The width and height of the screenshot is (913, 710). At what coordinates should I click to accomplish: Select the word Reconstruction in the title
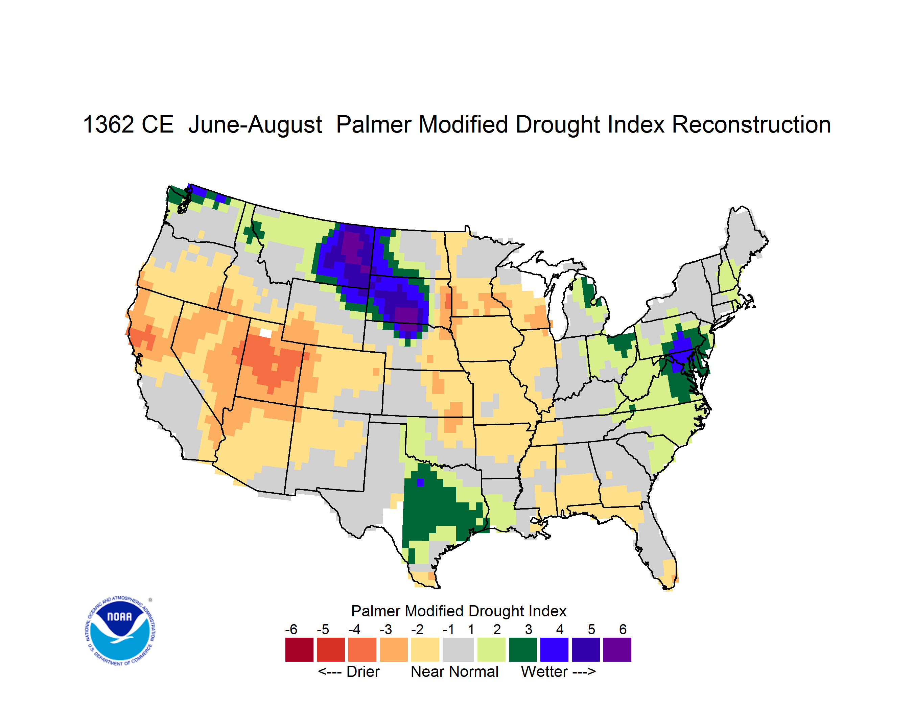pyautogui.click(x=751, y=124)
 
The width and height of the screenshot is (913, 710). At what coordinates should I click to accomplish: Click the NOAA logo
pyautogui.click(x=120, y=631)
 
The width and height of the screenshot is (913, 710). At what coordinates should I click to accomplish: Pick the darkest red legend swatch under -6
pyautogui.click(x=299, y=649)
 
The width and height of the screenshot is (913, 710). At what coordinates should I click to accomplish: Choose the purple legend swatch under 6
pyautogui.click(x=617, y=649)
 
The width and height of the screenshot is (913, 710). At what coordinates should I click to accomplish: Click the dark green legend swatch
pyautogui.click(x=522, y=649)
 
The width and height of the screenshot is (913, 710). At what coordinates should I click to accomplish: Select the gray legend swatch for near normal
pyautogui.click(x=458, y=649)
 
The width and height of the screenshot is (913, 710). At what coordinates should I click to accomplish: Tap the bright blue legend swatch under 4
pyautogui.click(x=554, y=649)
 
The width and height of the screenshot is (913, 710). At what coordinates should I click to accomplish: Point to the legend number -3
pyautogui.click(x=385, y=629)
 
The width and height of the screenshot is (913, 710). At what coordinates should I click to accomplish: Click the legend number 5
pyautogui.click(x=591, y=629)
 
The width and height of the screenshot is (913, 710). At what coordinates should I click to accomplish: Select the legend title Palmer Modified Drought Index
pyautogui.click(x=459, y=611)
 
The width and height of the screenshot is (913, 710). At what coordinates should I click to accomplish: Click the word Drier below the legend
pyautogui.click(x=363, y=671)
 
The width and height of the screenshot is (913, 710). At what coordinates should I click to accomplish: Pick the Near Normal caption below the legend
pyautogui.click(x=454, y=671)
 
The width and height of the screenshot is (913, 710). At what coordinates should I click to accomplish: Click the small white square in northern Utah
pyautogui.click(x=265, y=333)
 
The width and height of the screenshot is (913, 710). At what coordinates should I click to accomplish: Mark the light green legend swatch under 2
pyautogui.click(x=491, y=649)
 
